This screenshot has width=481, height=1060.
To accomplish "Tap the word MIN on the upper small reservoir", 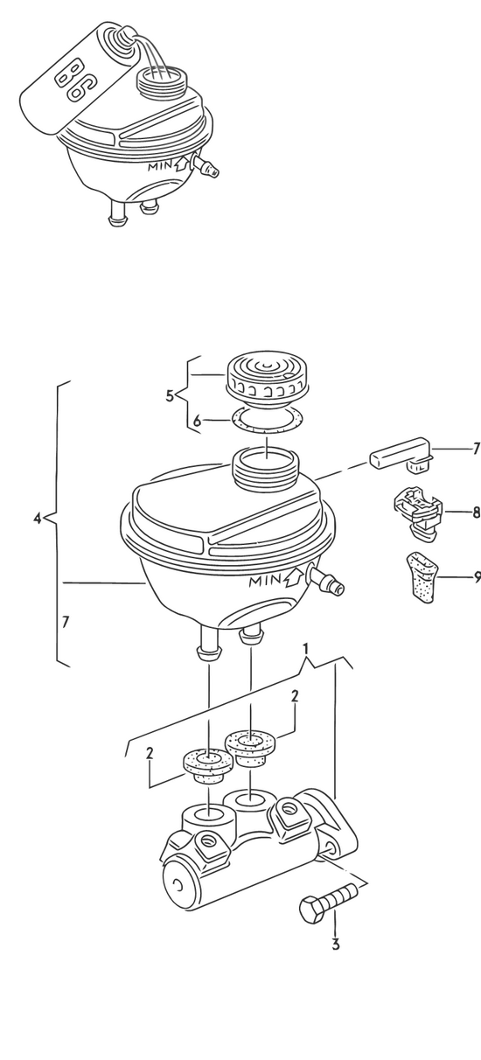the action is coord(160,166).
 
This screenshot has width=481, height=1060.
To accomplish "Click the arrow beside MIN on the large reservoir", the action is coord(294,577).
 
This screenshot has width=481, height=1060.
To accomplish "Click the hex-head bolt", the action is coord(328,903).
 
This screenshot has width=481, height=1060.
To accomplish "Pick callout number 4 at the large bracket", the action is coord(38,518).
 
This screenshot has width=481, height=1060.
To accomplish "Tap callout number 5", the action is coord(171,395).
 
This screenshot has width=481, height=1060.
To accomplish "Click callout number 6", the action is coord(198,421).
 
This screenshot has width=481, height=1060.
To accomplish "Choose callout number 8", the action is coord(476,512).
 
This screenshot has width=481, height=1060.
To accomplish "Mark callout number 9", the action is coord(477,577).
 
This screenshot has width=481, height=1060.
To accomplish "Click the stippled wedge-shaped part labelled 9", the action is coord(421,577).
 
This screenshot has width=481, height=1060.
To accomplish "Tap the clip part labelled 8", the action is coord(418,514).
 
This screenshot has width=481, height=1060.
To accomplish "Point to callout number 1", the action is coord(306,648).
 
